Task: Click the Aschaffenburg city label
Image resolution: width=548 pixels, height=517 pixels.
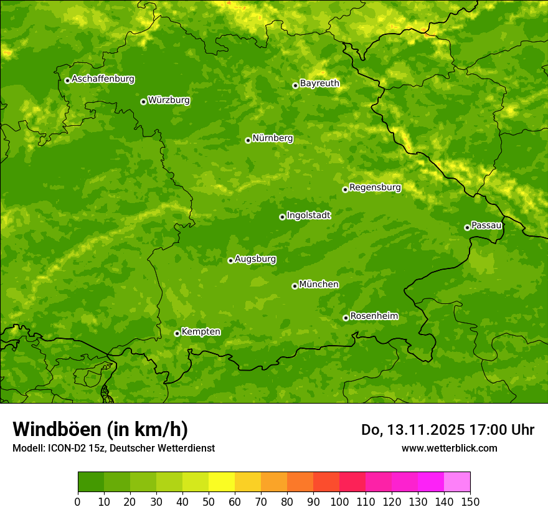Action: coord(103,79)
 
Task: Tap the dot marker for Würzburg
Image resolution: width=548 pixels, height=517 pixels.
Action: coord(143,102)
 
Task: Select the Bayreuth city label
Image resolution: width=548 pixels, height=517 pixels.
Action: coord(319,83)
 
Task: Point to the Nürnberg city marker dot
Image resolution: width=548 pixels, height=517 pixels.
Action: coord(248,140)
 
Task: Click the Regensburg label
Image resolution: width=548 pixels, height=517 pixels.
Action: coord(375,187)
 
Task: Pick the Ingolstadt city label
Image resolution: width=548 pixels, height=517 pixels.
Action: coord(308,215)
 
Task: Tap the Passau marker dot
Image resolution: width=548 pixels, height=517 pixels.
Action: coord(467,227)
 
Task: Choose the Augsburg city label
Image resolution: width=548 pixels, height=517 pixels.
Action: coord(255,258)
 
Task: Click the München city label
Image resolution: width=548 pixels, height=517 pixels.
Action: coord(319,284)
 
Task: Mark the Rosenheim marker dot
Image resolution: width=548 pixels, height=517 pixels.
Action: coord(346,318)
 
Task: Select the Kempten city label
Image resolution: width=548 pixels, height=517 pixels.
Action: coord(201,331)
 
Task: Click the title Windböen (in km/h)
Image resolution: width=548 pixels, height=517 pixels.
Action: coord(100,429)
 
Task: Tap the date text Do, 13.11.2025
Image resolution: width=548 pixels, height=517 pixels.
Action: coord(412,430)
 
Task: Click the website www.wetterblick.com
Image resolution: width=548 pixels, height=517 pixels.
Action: coord(449,448)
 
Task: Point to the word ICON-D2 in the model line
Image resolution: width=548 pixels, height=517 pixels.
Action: coord(65,448)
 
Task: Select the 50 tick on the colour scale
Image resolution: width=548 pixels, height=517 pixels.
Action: coord(209,501)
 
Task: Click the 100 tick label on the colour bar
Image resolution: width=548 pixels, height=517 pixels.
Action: coord(339,501)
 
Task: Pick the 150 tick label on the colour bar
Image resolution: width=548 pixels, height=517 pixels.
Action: coord(470,501)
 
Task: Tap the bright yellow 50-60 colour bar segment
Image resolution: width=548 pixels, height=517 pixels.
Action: coord(222,482)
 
